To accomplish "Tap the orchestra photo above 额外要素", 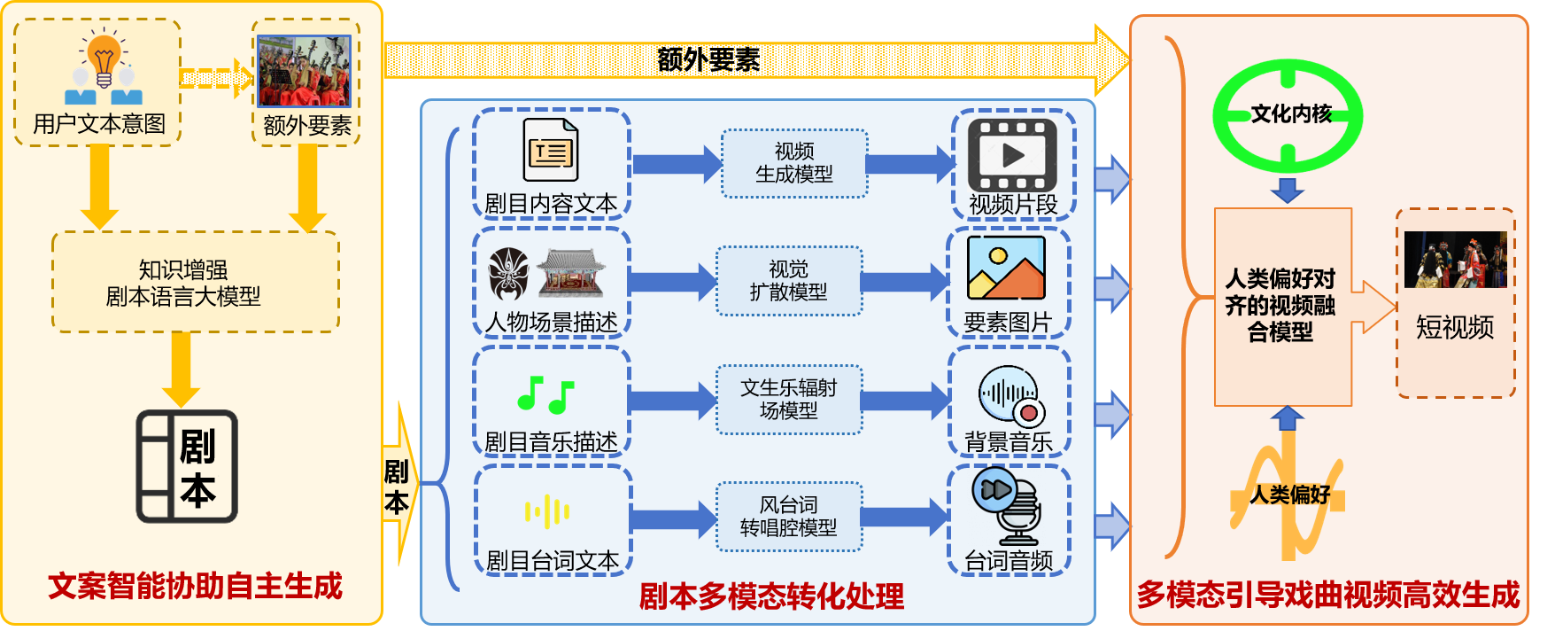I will tap(304, 72).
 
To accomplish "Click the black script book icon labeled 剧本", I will tap(187, 466).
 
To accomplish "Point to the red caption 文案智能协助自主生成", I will tap(195, 586).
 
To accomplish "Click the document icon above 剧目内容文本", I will tap(550, 151).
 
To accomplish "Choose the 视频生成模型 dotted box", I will tap(793, 163).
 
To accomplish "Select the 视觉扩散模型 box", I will tap(788, 281).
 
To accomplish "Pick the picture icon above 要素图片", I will tap(1006, 268).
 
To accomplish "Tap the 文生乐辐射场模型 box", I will tap(788, 399).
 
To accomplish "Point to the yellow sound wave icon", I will tap(547, 511).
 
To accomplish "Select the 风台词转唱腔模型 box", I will tap(788, 517).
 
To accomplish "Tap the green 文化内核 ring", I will tap(1288, 114).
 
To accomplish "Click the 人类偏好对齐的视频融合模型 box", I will tap(1282, 306).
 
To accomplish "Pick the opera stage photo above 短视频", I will tap(1455, 260).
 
